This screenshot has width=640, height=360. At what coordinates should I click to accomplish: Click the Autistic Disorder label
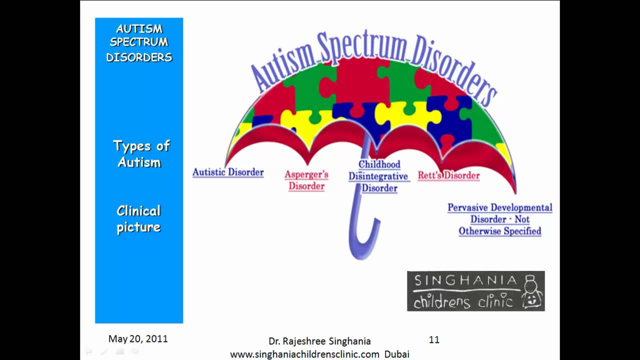pos(228,172)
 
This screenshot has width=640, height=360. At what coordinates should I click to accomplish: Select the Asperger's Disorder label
pos(306,180)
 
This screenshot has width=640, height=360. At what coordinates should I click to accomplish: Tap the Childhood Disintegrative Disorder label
pos(379,176)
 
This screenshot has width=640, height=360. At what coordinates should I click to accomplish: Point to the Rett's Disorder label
pos(448,175)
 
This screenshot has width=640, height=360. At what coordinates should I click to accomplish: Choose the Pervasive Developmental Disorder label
pos(500,219)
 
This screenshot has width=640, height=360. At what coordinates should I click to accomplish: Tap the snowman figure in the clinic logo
pos(532,292)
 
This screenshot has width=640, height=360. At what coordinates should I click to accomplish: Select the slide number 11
pos(434,340)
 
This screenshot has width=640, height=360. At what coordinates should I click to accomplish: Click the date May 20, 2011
pos(138,339)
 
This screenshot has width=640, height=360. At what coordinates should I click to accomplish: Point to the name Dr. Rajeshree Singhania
pos(319,341)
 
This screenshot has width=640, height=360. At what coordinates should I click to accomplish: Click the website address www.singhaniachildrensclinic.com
pos(304,354)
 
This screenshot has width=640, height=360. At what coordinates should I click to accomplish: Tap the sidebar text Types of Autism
pos(140,154)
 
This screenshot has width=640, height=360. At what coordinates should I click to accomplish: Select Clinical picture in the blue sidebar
pos(138,219)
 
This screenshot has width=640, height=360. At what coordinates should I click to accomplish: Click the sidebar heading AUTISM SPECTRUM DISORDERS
pos(139,43)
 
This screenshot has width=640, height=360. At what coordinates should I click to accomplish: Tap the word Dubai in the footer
pos(397,354)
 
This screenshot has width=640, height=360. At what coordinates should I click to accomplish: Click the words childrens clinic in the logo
pos(463,301)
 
